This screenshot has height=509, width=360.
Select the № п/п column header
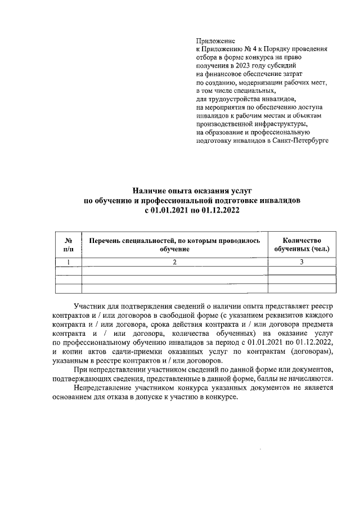[x=69, y=244]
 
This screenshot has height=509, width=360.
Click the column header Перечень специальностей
[x=174, y=244]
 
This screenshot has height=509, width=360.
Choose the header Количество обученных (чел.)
[x=301, y=244]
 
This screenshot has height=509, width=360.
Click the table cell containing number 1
[x=69, y=262]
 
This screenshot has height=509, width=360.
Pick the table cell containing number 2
[x=174, y=262]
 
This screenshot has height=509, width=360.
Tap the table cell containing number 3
[x=301, y=262]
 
